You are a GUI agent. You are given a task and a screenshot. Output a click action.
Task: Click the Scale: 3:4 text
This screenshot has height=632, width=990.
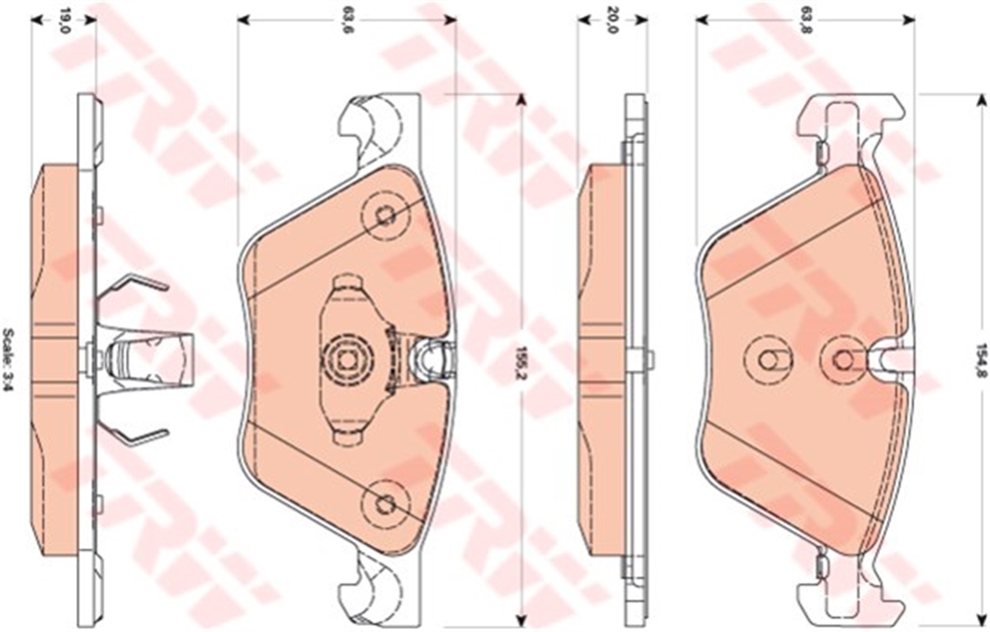tap(8, 365)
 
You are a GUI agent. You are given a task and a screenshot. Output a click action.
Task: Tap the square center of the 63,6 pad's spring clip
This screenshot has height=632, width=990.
tap(347, 362)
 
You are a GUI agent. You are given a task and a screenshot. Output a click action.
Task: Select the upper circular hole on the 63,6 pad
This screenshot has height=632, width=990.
tap(385, 215)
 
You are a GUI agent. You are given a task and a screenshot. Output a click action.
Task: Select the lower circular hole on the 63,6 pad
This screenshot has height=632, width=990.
tap(385, 502)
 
